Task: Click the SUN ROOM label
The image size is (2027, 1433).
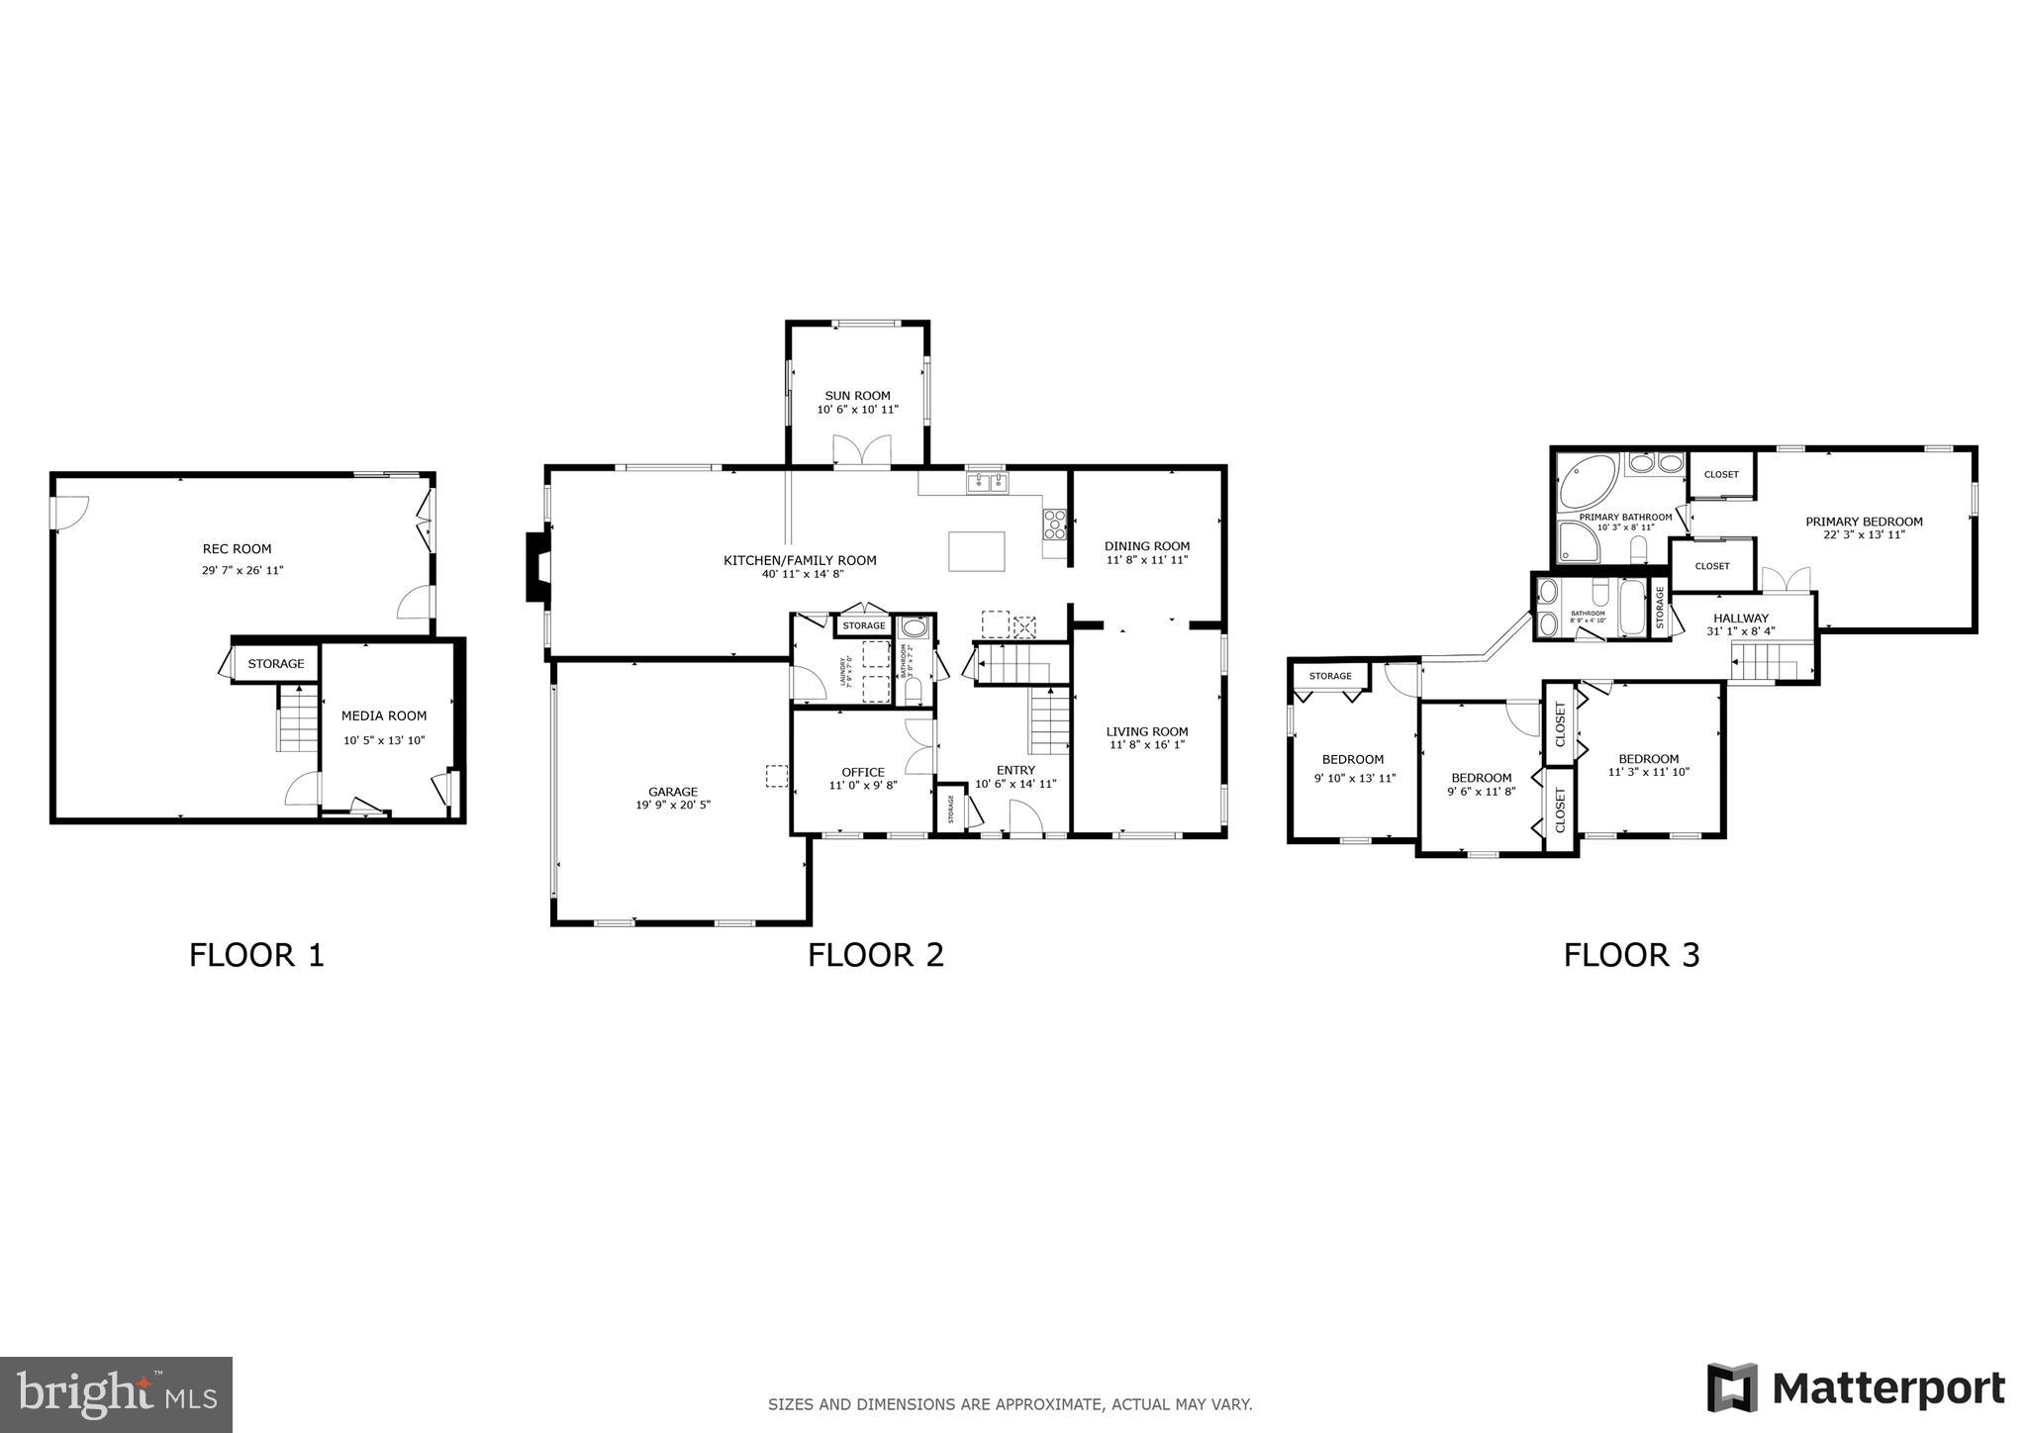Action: coord(857,396)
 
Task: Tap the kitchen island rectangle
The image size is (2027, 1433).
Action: coord(976,551)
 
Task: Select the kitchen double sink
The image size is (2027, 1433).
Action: coord(987,483)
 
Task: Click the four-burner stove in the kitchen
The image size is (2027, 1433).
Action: coord(1054,524)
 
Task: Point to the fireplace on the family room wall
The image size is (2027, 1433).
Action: coord(536,566)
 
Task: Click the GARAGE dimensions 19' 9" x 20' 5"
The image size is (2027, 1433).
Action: coord(673,806)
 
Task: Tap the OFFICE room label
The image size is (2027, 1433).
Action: coord(862,772)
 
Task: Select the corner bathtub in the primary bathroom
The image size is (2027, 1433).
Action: coord(1587,482)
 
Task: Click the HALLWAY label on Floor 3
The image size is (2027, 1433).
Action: coord(1741,618)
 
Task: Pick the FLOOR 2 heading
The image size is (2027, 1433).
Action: coord(875,955)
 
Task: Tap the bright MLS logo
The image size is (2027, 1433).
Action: coord(116,1394)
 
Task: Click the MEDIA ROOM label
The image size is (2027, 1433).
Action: coord(384,716)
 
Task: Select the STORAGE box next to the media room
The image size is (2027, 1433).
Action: coord(276,664)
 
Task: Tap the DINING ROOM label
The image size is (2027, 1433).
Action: coord(1147,546)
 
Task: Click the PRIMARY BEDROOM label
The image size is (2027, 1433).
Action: coord(1864,522)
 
